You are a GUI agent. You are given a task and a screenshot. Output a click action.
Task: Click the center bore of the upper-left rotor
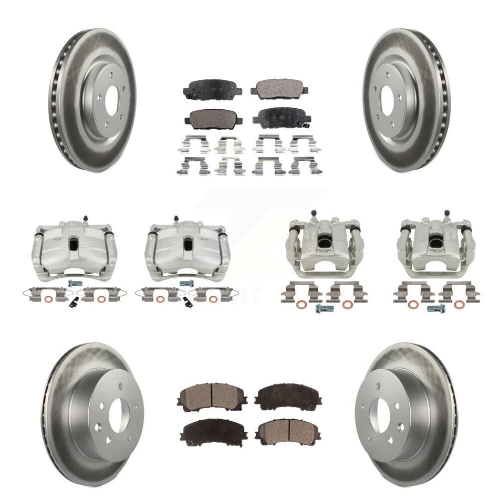click(111, 101)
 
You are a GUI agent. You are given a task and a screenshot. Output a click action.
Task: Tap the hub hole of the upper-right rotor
click(387, 101)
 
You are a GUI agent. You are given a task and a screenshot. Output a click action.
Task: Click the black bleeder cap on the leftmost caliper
click(84, 217)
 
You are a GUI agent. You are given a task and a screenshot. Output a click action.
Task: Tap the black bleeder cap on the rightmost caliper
click(446, 213)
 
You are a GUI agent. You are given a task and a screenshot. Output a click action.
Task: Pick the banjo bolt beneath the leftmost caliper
click(72, 283)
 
